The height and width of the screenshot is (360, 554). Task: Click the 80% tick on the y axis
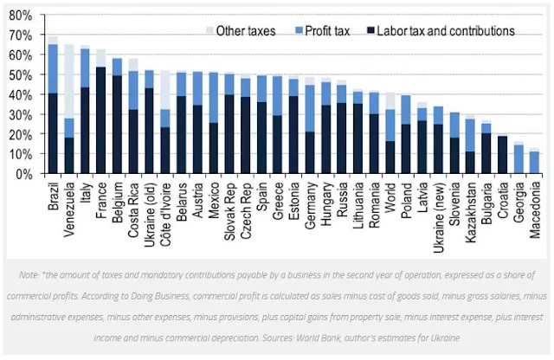click(19, 16)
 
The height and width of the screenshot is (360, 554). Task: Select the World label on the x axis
click(390, 194)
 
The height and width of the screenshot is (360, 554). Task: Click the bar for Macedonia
click(535, 163)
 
